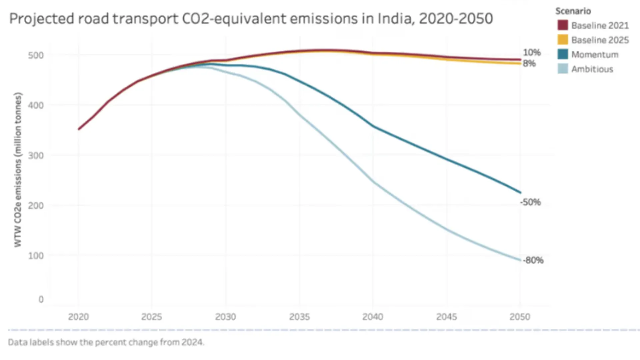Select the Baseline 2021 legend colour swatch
(x=563, y=25)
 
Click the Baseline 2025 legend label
(x=600, y=40)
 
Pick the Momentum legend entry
(x=595, y=55)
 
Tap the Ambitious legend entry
(x=592, y=69)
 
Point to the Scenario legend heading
(x=573, y=11)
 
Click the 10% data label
(x=532, y=53)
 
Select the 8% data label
(x=529, y=63)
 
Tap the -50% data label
(x=530, y=202)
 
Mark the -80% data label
(x=533, y=260)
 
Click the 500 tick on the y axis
(x=36, y=55)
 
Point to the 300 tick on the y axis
(x=36, y=156)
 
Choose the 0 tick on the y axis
(x=41, y=299)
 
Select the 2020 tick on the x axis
(x=78, y=317)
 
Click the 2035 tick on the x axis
(x=299, y=317)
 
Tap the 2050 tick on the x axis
(x=520, y=317)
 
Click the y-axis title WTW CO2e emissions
(x=18, y=170)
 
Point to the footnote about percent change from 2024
(x=106, y=342)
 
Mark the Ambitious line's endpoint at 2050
(x=520, y=260)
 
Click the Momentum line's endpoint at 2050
(x=520, y=192)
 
